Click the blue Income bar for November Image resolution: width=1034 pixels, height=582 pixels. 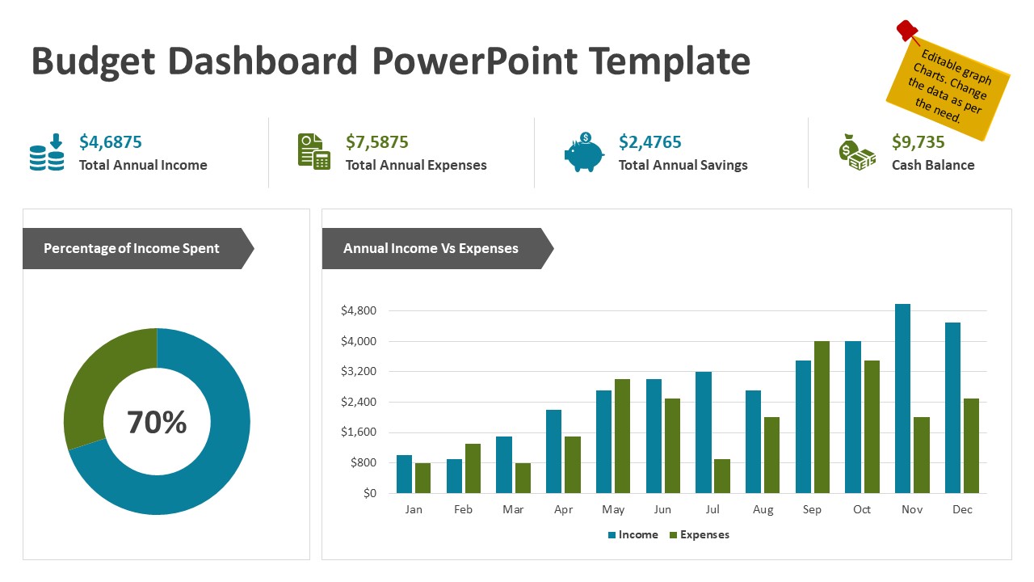tap(903, 399)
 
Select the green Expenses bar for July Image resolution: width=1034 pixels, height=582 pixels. tap(721, 476)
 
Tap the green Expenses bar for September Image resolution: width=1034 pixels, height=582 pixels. tap(822, 417)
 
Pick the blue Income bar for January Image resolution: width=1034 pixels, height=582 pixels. tap(404, 474)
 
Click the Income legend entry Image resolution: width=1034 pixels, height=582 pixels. tap(633, 534)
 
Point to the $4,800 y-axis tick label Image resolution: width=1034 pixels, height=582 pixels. tap(359, 310)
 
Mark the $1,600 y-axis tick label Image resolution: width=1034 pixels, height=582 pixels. tap(359, 432)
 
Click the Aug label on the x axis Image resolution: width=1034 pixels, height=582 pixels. tap(763, 509)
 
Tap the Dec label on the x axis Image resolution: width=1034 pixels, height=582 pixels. tap(962, 509)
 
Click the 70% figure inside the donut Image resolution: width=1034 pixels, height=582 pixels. tap(157, 422)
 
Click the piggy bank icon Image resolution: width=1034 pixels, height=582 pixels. tap(584, 153)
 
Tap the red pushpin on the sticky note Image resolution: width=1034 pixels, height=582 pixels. tap(908, 32)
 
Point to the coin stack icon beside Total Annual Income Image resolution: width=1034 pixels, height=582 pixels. tap(47, 153)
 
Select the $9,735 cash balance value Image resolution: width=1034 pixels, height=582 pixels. tap(918, 142)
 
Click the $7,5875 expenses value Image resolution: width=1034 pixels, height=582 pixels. tap(376, 142)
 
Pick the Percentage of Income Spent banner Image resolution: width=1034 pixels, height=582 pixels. tap(132, 248)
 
